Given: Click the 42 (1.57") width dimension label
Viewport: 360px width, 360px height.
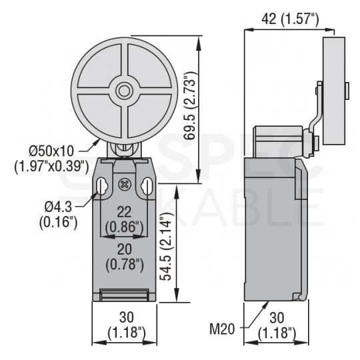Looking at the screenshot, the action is tap(290, 19).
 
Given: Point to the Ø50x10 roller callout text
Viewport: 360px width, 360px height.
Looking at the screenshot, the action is tap(51, 151).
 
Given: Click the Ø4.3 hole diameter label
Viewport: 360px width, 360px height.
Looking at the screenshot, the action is tap(58, 207).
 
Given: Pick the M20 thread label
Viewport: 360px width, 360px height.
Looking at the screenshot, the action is tap(222, 329).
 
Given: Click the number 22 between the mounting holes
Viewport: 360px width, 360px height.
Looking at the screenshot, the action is tap(124, 212).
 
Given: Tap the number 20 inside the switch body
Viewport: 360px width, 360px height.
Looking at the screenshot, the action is tap(125, 249).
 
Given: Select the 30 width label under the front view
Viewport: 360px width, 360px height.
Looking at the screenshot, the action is tap(127, 317).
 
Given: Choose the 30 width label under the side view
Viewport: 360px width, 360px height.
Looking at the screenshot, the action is tap(277, 317).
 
